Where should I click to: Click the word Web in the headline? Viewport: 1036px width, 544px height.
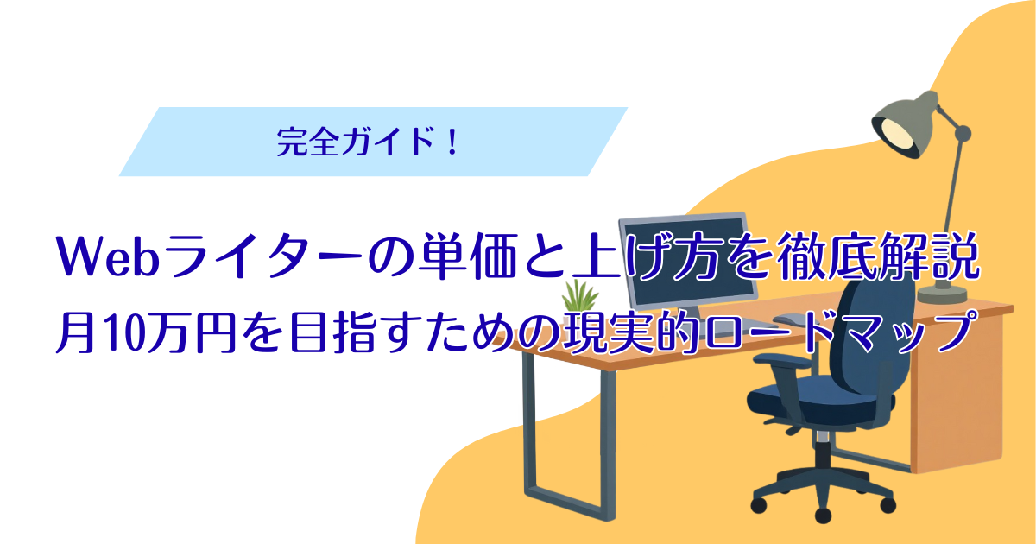108,257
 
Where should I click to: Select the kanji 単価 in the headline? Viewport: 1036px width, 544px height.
467,257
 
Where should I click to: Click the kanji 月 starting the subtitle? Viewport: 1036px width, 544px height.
76,333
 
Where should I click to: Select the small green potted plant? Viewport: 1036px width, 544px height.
578,300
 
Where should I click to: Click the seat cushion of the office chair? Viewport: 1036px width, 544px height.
819,397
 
